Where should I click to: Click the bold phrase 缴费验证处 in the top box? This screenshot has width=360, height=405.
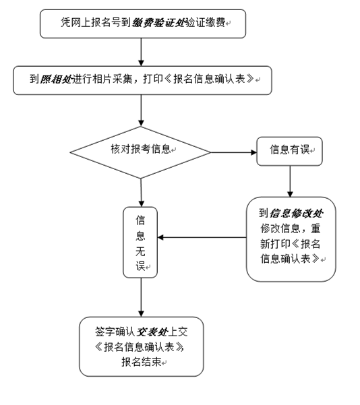coord(158,23)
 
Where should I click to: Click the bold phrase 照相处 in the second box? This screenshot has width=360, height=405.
coord(56,79)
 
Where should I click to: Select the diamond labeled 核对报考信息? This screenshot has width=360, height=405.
coord(140,152)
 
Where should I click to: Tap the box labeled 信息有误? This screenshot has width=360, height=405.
coord(289,151)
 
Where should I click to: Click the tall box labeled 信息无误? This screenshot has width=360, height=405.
coord(140,243)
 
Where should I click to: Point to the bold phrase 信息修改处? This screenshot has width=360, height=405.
coord(296,214)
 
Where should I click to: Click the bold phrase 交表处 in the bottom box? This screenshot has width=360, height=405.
coord(152,332)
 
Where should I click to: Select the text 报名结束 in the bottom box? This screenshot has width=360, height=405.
coord(142,362)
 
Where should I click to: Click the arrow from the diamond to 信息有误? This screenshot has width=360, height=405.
coord(234,152)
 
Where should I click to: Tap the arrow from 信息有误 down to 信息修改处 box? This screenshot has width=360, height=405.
coord(290,181)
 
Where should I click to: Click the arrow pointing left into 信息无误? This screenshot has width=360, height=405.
coord(202,237)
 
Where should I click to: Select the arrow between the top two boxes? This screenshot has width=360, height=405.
coord(141,52)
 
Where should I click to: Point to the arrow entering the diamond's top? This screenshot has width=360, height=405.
coord(141,111)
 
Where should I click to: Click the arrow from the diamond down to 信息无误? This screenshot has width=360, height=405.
coord(141,193)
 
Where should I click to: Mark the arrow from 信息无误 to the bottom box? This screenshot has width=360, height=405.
coord(141,298)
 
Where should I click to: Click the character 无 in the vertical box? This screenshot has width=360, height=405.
coord(140,251)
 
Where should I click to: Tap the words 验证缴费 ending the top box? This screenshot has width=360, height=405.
coord(206,23)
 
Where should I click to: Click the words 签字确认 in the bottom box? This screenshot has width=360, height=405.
coord(115,332)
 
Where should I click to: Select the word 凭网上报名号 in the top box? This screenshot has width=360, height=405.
coord(91,23)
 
